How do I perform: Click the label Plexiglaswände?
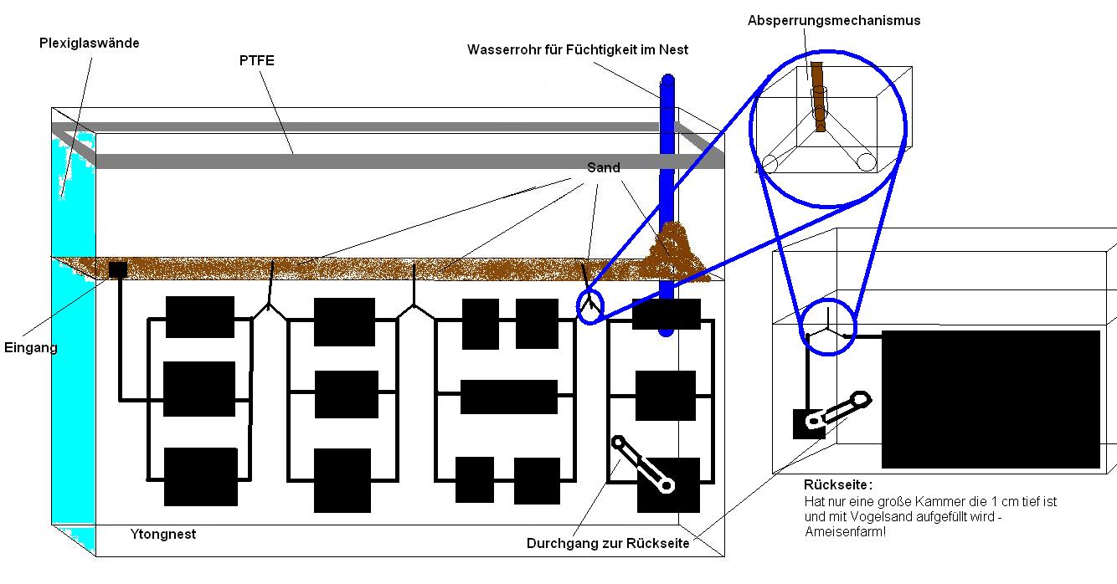point(89,44)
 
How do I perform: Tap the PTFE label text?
point(256,60)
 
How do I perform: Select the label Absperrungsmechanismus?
point(834,20)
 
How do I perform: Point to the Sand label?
point(604,167)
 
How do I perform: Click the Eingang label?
point(31,347)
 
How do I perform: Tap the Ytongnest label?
point(163,534)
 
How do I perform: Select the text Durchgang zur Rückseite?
point(608,543)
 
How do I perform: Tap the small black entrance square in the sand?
point(118,269)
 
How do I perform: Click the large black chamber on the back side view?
point(991,398)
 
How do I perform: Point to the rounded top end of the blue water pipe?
point(667,82)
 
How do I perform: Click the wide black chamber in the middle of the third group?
point(508,397)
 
